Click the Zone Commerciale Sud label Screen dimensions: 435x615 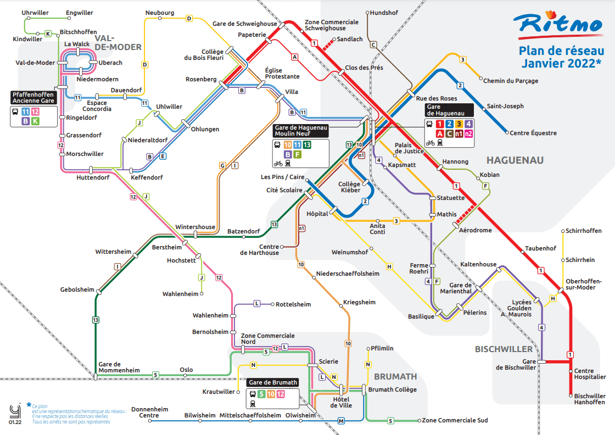[455, 421]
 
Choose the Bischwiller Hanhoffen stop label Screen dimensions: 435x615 [590, 399]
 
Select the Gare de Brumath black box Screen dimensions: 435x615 [273, 382]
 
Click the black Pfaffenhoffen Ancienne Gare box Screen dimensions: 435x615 [33, 98]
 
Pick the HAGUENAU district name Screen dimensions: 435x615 [515, 160]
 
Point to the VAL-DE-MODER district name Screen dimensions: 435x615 [118, 42]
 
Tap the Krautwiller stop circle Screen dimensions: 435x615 [238, 392]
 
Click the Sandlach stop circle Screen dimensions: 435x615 [334, 40]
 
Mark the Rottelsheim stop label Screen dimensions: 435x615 [293, 304]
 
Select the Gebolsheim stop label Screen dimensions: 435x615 [77, 289]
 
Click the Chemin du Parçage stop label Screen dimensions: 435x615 [511, 81]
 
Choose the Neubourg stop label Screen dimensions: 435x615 [160, 13]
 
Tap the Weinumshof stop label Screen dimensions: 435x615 [350, 252]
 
